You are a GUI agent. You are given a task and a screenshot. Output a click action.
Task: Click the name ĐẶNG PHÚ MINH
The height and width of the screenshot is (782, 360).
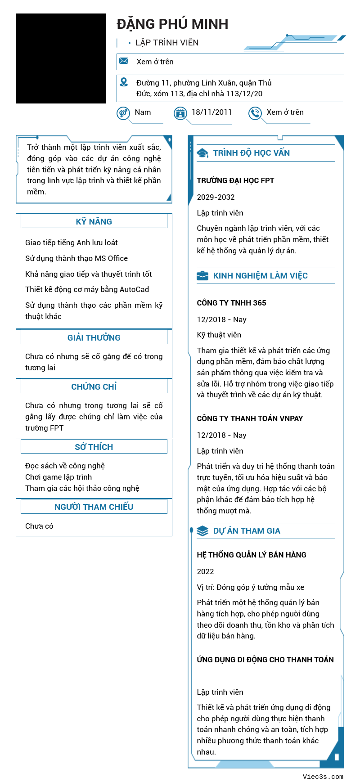pyautogui.click(x=172, y=24)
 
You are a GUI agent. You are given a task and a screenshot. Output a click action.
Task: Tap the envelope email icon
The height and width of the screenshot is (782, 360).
pyautogui.click(x=124, y=61)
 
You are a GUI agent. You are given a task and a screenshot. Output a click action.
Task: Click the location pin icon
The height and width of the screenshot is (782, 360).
pyautogui.click(x=124, y=82)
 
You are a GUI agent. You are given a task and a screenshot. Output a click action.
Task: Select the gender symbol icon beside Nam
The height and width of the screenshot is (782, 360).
pyautogui.click(x=123, y=113)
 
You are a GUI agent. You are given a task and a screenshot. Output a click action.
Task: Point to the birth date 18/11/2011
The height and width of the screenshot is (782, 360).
pyautogui.click(x=211, y=112)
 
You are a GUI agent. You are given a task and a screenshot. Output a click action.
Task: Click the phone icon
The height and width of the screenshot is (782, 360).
pyautogui.click(x=255, y=113)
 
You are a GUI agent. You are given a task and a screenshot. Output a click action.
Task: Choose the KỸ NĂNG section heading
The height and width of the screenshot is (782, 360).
pyautogui.click(x=94, y=221)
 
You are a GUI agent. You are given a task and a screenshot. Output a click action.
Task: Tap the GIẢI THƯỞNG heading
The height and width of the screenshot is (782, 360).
pyautogui.click(x=94, y=337)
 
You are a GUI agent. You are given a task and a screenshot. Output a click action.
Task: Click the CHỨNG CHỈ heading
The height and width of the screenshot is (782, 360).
pyautogui.click(x=94, y=387)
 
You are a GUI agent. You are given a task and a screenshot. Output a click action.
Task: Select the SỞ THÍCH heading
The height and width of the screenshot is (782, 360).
pyautogui.click(x=94, y=447)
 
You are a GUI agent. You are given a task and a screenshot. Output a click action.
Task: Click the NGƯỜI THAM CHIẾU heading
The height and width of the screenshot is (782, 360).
pyautogui.click(x=94, y=507)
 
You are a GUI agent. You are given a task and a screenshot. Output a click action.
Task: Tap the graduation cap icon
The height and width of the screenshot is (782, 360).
pyautogui.click(x=203, y=153)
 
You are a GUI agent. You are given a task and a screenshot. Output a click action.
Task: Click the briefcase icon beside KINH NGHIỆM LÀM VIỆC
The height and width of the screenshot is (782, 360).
pyautogui.click(x=202, y=276)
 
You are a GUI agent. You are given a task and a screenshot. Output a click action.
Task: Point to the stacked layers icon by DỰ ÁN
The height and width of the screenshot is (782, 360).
pyautogui.click(x=202, y=531)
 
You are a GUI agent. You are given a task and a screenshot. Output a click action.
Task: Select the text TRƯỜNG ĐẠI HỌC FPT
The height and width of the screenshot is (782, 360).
pyautogui.click(x=235, y=180)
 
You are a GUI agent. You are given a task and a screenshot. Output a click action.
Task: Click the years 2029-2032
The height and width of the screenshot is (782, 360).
pyautogui.click(x=216, y=197)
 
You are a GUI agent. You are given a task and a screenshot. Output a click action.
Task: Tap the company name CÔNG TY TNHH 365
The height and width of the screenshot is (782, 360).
pyautogui.click(x=231, y=303)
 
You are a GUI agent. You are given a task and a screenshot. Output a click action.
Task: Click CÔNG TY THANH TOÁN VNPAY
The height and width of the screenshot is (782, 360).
pyautogui.click(x=250, y=418)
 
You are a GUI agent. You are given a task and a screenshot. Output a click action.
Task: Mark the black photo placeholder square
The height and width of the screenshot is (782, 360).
pyautogui.click(x=61, y=58)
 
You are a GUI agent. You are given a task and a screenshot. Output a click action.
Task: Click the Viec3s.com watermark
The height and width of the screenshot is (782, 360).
pyautogui.click(x=323, y=776)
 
